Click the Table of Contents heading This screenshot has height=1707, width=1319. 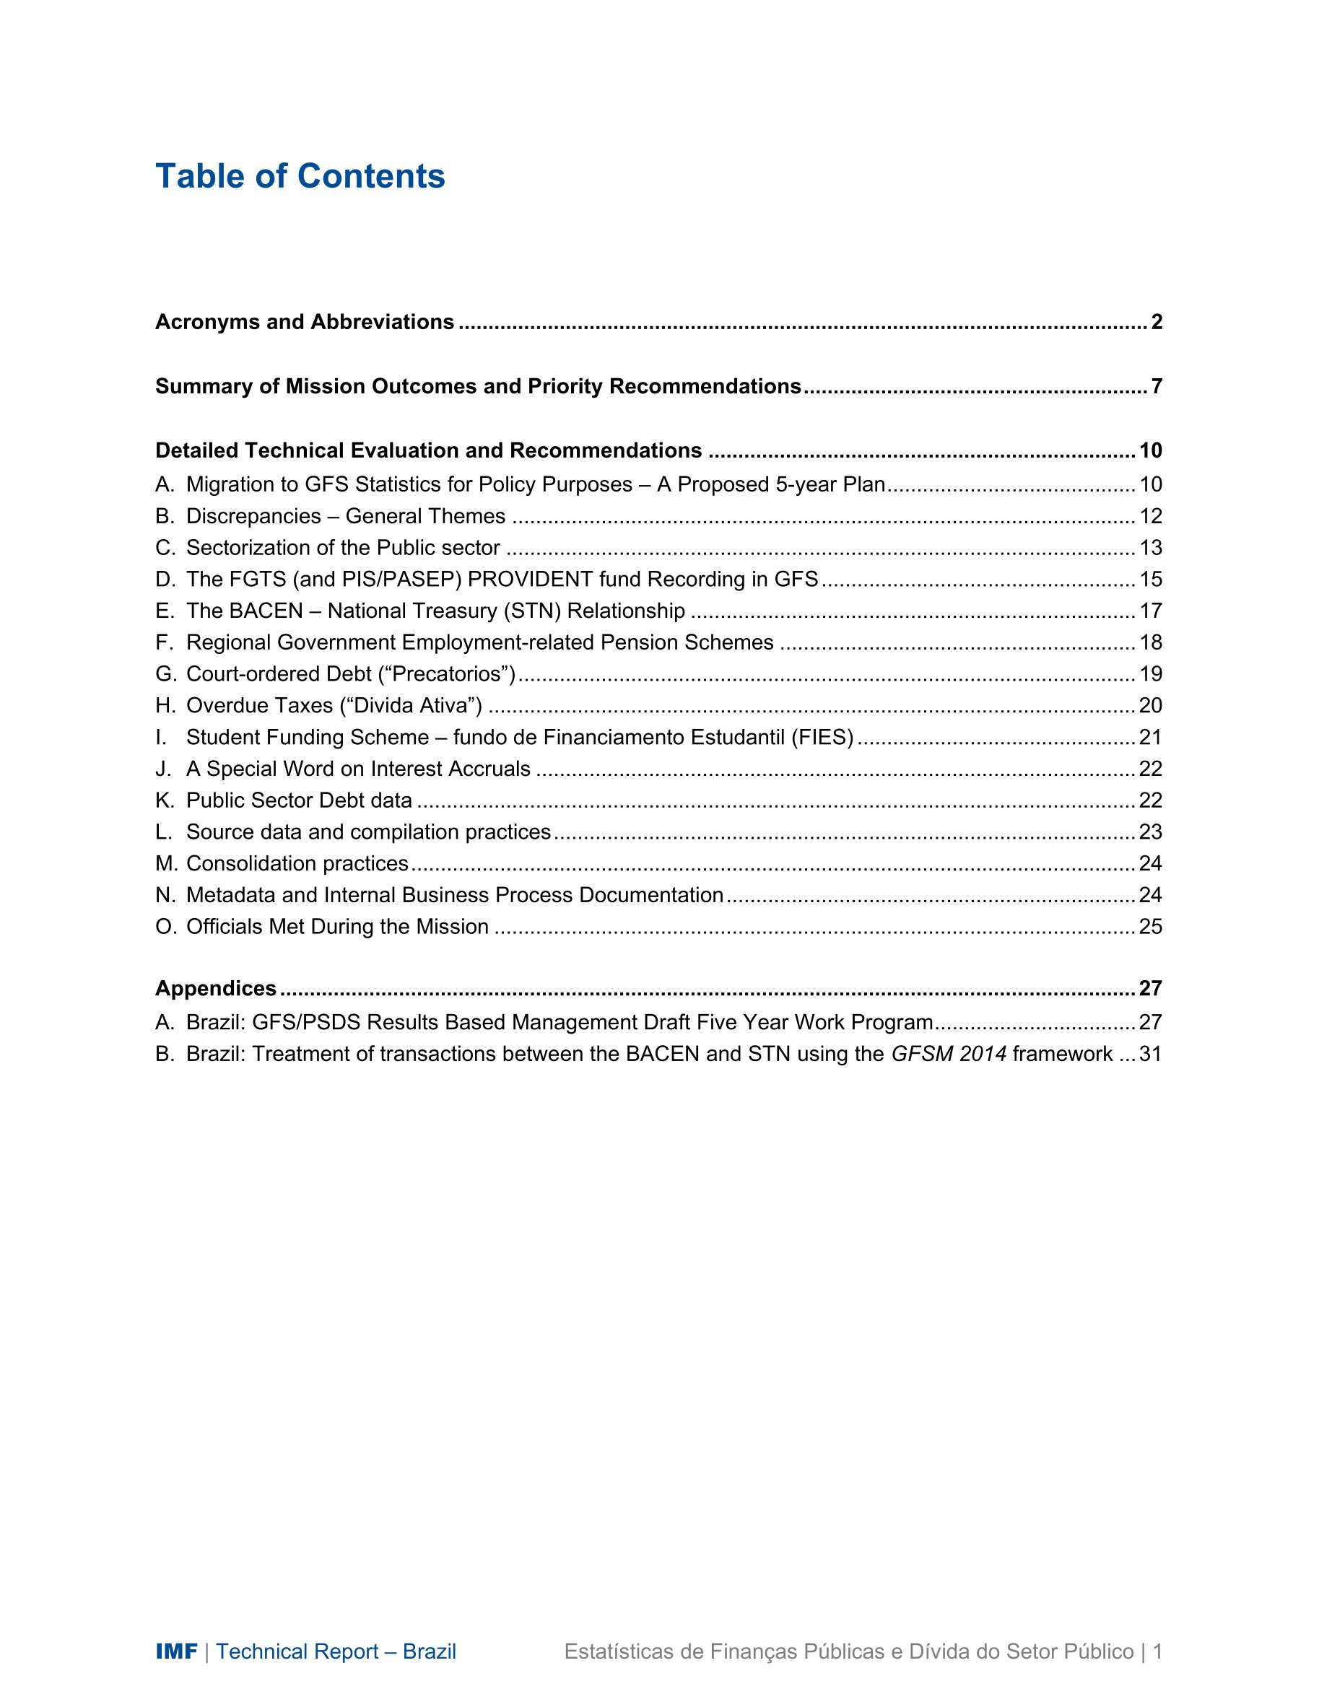[300, 177]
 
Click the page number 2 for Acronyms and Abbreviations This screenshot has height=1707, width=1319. [1157, 322]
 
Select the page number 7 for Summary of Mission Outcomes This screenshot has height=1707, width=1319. [1157, 386]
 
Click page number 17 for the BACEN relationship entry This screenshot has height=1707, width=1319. [1150, 611]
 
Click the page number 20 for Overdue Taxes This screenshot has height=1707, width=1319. [1150, 706]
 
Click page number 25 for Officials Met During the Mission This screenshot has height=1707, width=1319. [1150, 927]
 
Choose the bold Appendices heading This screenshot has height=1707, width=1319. [216, 989]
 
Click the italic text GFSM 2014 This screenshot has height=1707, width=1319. [949, 1055]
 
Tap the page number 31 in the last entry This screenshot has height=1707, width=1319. [1150, 1055]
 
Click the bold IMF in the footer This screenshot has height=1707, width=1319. [176, 1651]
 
